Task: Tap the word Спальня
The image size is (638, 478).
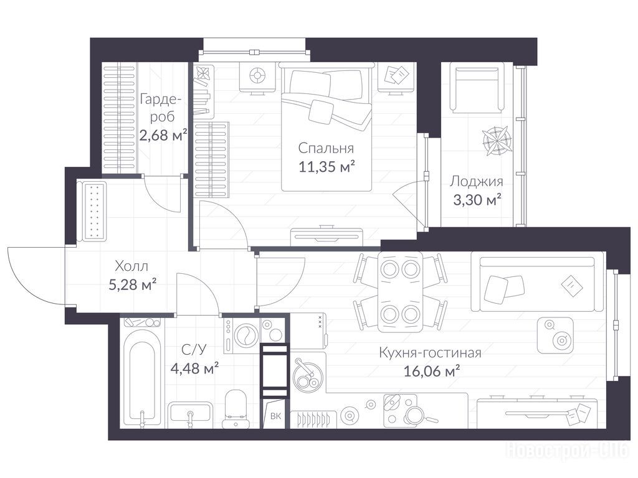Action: (x=326, y=148)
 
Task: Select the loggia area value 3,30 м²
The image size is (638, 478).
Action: (x=477, y=200)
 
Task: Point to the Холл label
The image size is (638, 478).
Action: (x=131, y=266)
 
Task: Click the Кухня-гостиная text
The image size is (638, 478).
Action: (x=430, y=352)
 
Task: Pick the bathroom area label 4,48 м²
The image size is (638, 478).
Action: (x=195, y=368)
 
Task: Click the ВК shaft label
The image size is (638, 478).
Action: (x=275, y=416)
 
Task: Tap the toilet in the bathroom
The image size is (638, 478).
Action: (x=236, y=408)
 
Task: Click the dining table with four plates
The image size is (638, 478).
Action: (x=401, y=291)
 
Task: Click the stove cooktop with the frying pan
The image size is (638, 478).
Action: (x=401, y=411)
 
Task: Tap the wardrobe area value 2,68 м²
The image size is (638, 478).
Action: (x=163, y=134)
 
